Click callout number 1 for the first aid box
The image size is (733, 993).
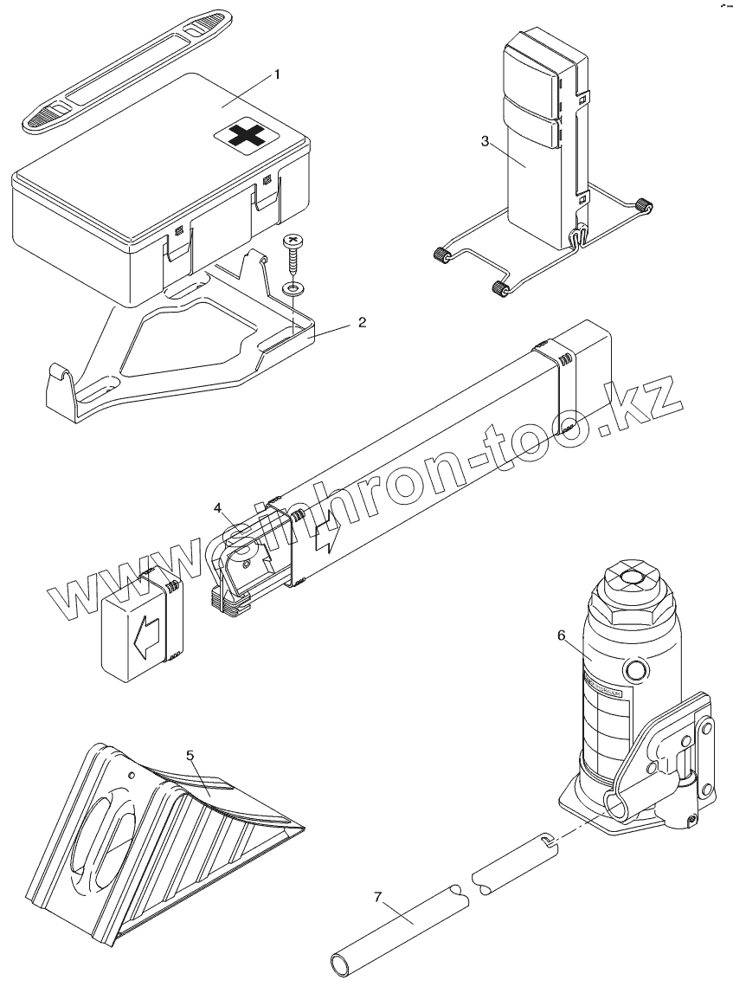click(x=277, y=74)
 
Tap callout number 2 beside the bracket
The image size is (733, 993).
click(x=362, y=322)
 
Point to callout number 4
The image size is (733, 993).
click(x=218, y=506)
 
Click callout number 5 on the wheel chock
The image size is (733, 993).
click(x=190, y=754)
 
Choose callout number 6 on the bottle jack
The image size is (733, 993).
click(x=561, y=635)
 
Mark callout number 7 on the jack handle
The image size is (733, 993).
click(x=377, y=897)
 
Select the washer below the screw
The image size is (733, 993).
click(x=294, y=287)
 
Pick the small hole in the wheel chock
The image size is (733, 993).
click(x=132, y=774)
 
